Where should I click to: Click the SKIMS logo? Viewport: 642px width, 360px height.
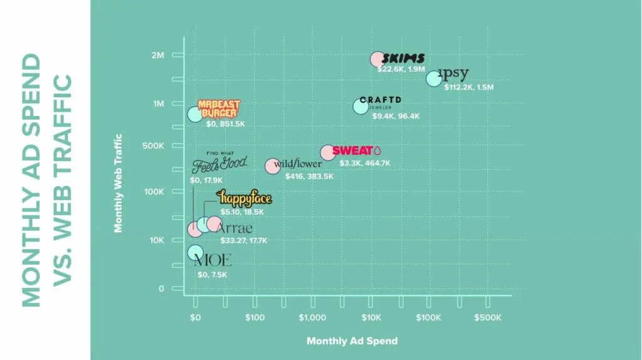point(403,59)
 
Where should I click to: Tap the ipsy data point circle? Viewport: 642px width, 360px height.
point(434,78)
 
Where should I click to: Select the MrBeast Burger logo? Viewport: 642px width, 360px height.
point(219,109)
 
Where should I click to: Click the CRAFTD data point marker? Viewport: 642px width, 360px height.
point(360,106)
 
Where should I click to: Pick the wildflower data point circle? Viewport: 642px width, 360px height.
point(272,166)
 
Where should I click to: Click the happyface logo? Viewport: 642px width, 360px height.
point(245,199)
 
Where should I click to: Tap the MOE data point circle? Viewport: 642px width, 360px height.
point(195,253)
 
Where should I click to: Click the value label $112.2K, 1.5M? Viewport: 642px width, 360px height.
point(469,87)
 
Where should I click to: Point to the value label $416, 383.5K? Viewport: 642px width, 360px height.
point(309,176)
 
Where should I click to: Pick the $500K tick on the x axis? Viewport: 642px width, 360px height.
point(487,317)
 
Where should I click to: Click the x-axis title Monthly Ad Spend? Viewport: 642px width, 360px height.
point(352,341)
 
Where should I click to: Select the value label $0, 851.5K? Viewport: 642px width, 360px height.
point(225,124)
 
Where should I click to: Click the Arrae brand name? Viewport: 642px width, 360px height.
point(234,227)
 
